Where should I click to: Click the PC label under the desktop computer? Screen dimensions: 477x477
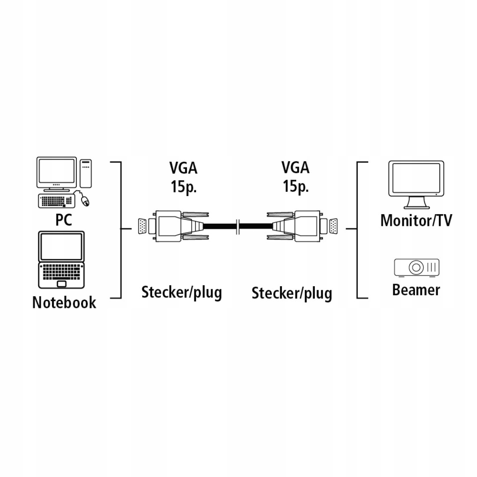(x=63, y=220)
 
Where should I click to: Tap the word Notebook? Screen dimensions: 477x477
(x=64, y=302)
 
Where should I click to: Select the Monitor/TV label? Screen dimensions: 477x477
(x=416, y=220)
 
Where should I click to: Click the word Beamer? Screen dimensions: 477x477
(x=416, y=290)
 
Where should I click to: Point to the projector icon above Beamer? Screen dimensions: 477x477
(x=416, y=268)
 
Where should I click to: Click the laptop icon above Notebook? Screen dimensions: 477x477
(x=62, y=260)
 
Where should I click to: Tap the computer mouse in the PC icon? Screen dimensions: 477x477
(x=85, y=201)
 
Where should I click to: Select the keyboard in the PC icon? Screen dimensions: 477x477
(x=56, y=201)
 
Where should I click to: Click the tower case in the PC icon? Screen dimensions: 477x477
(x=86, y=173)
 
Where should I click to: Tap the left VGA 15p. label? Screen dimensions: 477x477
(x=183, y=177)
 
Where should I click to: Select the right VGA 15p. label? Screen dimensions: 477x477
(x=296, y=177)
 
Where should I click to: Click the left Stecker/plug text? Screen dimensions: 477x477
(x=182, y=292)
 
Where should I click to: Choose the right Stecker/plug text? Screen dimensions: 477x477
(x=292, y=293)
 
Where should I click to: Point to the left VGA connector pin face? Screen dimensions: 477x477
(x=142, y=227)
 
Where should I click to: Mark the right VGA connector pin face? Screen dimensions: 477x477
(x=333, y=227)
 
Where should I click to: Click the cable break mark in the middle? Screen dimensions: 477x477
(x=237, y=227)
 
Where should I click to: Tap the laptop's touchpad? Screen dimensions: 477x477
(x=62, y=284)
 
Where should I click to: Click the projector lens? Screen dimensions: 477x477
(x=416, y=267)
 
